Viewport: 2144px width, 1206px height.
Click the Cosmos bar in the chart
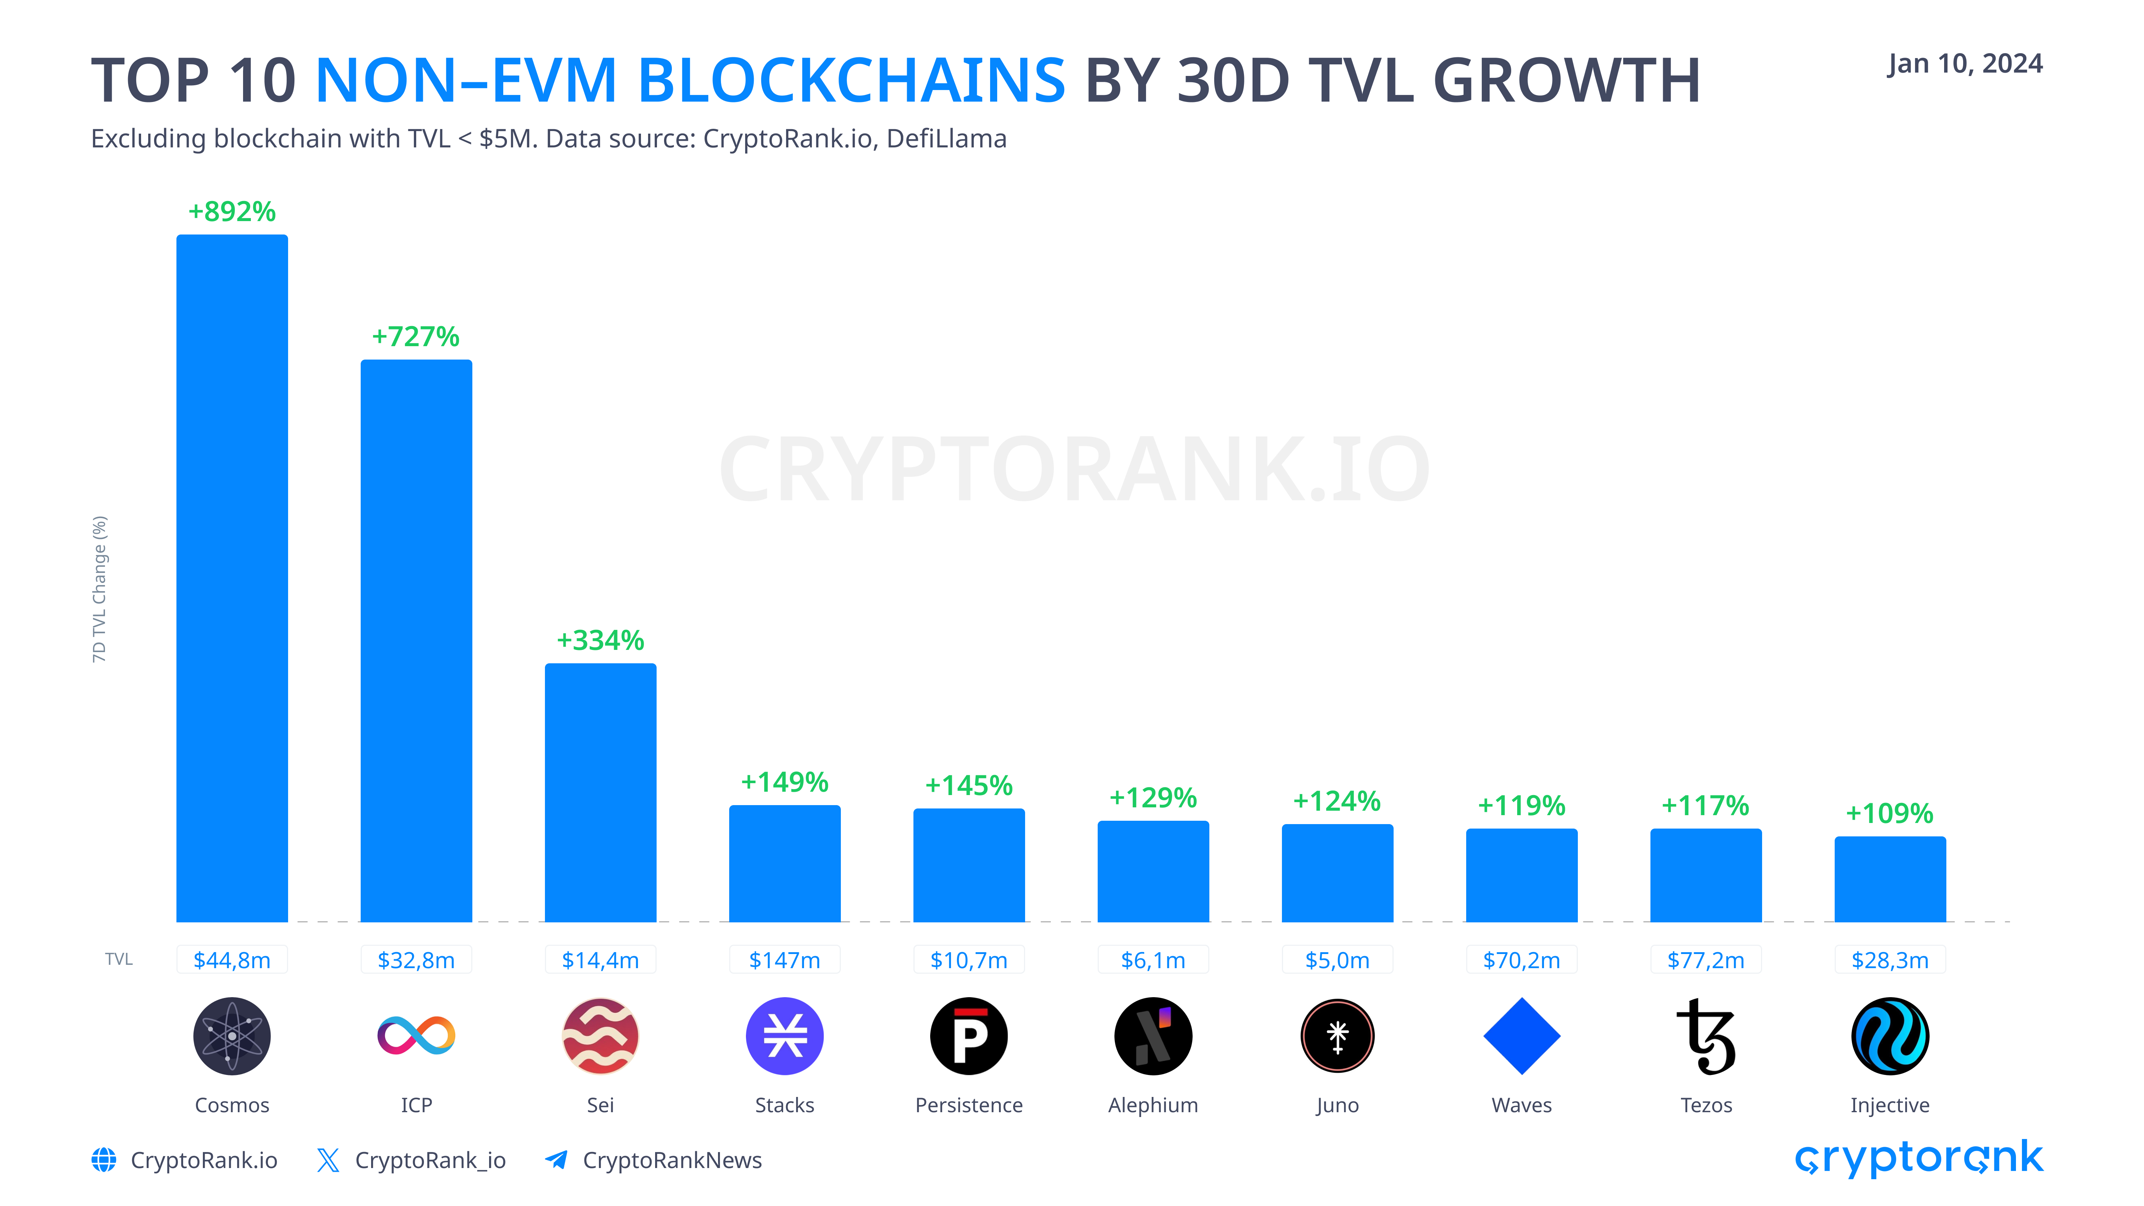point(232,578)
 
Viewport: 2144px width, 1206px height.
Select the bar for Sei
point(600,792)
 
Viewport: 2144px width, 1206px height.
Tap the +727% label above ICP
point(415,337)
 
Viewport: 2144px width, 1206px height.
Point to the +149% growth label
point(784,782)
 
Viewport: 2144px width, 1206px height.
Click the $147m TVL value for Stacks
point(784,960)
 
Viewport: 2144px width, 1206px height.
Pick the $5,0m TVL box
point(1337,960)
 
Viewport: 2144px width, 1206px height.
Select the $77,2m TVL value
point(1706,960)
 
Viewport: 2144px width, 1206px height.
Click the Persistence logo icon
point(969,1036)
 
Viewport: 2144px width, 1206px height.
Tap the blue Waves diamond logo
point(1521,1036)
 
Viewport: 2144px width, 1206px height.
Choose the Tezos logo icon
point(1706,1036)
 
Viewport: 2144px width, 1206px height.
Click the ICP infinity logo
point(416,1036)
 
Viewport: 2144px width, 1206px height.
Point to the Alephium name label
point(1153,1105)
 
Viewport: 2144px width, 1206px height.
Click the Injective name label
point(1889,1105)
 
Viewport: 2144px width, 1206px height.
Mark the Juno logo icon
point(1337,1036)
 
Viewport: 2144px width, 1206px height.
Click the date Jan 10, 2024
point(1964,64)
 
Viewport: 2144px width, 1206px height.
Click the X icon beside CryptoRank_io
point(328,1160)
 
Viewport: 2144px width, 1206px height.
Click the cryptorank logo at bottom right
point(1918,1158)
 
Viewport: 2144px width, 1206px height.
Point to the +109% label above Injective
point(1889,813)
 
